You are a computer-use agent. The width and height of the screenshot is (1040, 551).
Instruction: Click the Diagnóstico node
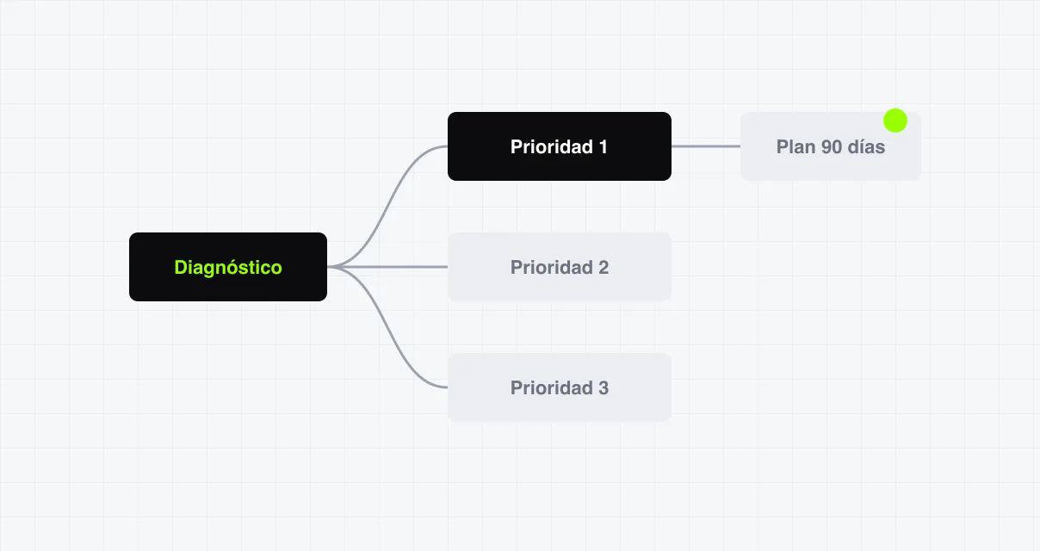click(228, 267)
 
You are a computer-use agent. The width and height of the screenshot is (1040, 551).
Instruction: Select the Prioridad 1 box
click(560, 146)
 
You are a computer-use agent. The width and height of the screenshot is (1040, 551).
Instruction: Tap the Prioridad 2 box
click(560, 267)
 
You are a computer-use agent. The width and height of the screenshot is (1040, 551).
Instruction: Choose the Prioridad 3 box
click(560, 387)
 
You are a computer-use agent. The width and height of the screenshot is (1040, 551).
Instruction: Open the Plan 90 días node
click(831, 146)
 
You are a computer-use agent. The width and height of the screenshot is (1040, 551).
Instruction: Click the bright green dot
click(895, 121)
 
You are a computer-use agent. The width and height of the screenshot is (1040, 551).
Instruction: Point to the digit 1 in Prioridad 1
click(604, 146)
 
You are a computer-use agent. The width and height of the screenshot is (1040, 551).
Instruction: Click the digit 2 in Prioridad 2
click(604, 268)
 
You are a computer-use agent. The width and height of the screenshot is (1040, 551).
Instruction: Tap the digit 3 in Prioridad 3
click(604, 388)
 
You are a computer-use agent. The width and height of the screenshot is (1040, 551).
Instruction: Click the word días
click(866, 146)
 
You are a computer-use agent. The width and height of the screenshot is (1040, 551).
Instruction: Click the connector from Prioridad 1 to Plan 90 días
click(706, 146)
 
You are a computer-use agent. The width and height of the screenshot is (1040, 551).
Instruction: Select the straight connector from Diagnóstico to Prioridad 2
click(387, 267)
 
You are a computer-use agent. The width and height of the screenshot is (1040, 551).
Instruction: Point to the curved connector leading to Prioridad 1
click(387, 207)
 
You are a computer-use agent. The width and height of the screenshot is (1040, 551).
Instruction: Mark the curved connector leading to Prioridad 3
click(387, 327)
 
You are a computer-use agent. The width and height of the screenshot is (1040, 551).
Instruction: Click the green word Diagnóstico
click(228, 268)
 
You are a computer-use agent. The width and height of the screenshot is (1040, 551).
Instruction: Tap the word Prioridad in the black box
click(552, 146)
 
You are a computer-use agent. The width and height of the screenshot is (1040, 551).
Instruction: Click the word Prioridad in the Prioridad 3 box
click(552, 388)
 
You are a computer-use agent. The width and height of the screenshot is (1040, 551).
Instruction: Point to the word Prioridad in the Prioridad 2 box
click(552, 268)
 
